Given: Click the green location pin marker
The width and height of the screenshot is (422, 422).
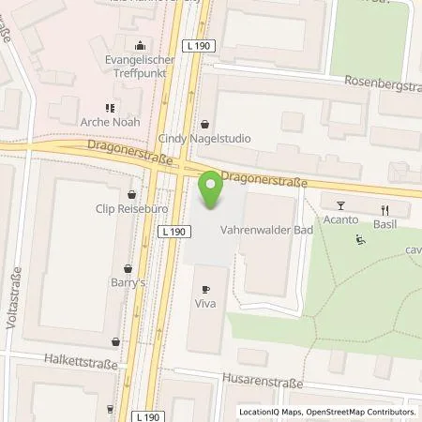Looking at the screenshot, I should click(x=211, y=190).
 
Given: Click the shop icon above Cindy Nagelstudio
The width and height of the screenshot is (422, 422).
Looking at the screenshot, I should click(x=206, y=123).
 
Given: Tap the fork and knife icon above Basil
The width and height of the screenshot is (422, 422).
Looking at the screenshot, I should click(x=384, y=209).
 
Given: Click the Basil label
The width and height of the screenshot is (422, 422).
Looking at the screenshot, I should click(x=384, y=223).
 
